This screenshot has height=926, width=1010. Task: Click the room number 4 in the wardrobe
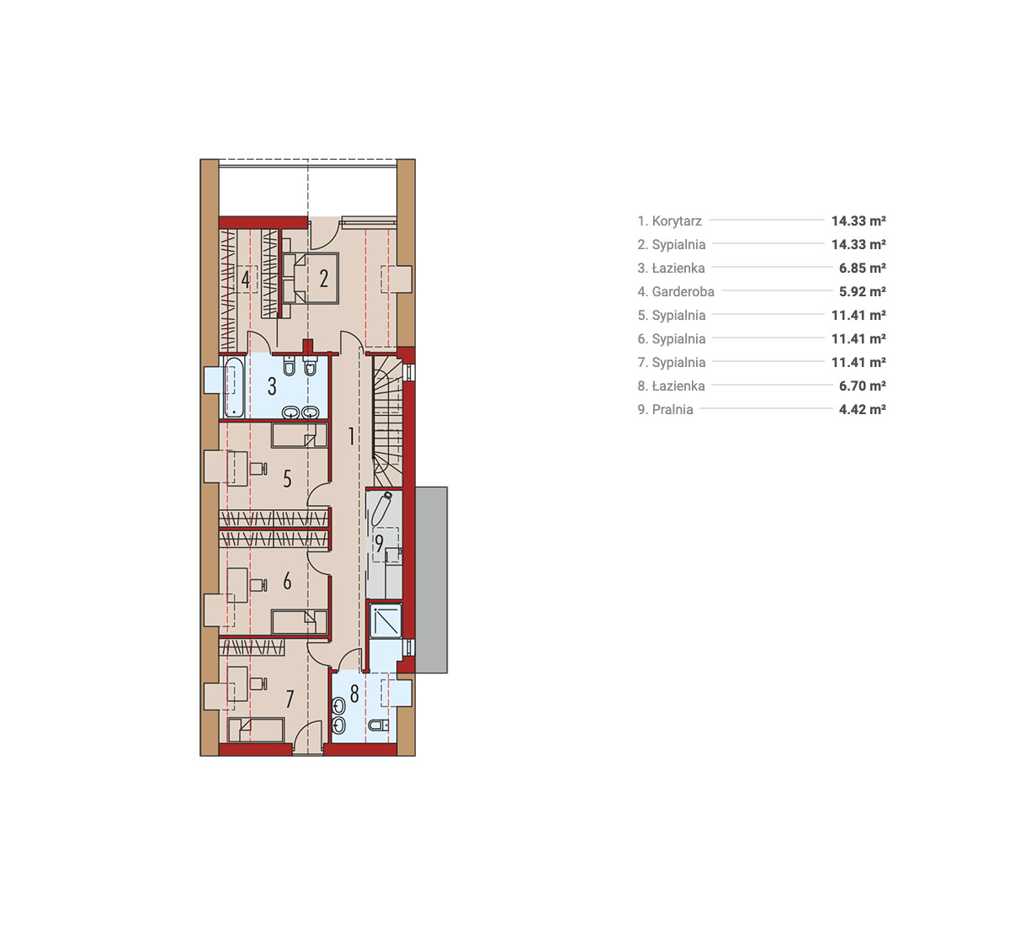245,279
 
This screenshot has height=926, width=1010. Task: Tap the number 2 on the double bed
324,279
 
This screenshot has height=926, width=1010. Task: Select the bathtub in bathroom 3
234,387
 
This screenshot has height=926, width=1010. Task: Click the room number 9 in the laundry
379,544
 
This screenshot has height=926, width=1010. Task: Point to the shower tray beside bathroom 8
386,620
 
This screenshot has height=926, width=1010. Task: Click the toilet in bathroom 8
378,726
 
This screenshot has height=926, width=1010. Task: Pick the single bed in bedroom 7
256,730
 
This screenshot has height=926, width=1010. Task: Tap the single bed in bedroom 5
300,435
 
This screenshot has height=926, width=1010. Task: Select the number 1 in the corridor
352,436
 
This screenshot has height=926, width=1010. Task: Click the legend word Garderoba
683,292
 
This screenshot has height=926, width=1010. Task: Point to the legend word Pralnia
672,410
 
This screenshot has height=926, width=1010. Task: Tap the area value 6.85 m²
862,268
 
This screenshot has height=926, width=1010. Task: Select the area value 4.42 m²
862,410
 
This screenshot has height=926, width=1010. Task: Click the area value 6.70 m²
862,386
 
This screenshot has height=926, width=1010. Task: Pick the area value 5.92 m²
862,292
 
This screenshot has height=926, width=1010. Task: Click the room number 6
287,582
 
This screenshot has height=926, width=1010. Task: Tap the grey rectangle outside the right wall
432,580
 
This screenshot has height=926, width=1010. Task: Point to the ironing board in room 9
381,508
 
